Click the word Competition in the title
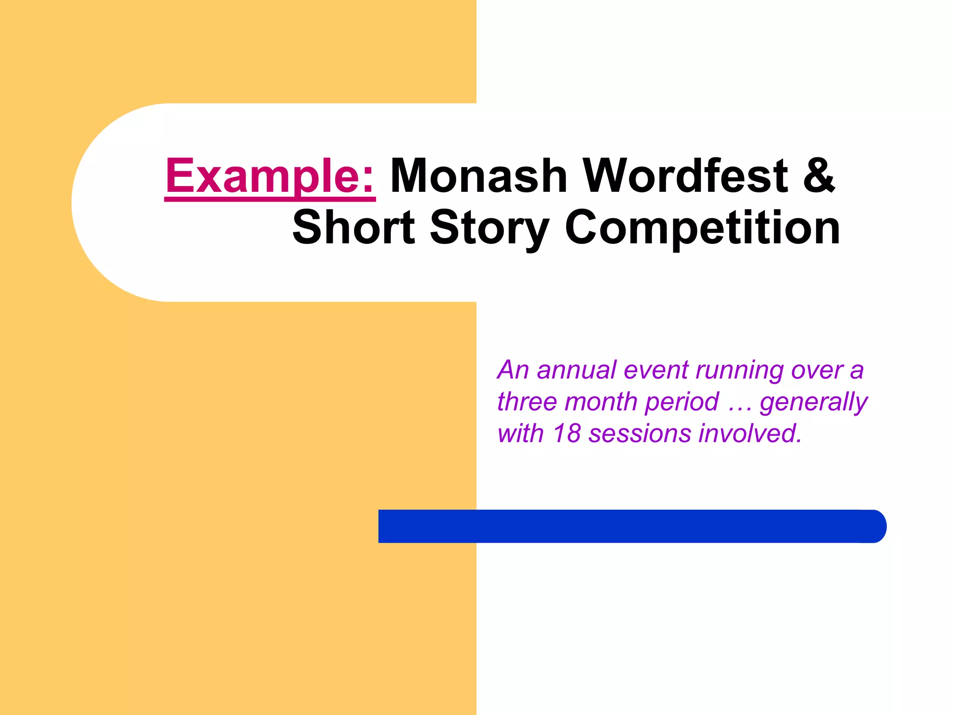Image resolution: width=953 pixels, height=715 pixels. click(x=703, y=228)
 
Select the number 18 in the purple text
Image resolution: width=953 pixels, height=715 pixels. click(x=566, y=433)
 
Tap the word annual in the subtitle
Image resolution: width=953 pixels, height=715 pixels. click(x=576, y=371)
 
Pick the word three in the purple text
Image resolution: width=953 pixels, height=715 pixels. click(x=527, y=402)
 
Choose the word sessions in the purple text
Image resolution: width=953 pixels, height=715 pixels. click(x=640, y=434)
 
